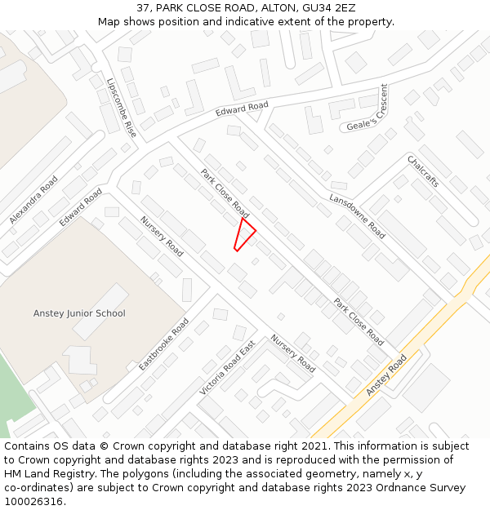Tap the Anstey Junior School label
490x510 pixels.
pos(79,313)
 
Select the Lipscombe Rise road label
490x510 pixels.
pos(122,107)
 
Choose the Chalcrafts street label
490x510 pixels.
pos(423,171)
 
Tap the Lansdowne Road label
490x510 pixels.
pos(357,216)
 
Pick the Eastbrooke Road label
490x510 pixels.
pos(164,344)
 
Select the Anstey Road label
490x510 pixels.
pos(386,375)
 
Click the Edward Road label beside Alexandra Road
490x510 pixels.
pos(81,207)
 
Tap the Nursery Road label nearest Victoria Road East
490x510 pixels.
pos(293,353)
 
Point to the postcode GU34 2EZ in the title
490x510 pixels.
pos(328,8)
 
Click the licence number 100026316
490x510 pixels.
pos(33,501)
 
